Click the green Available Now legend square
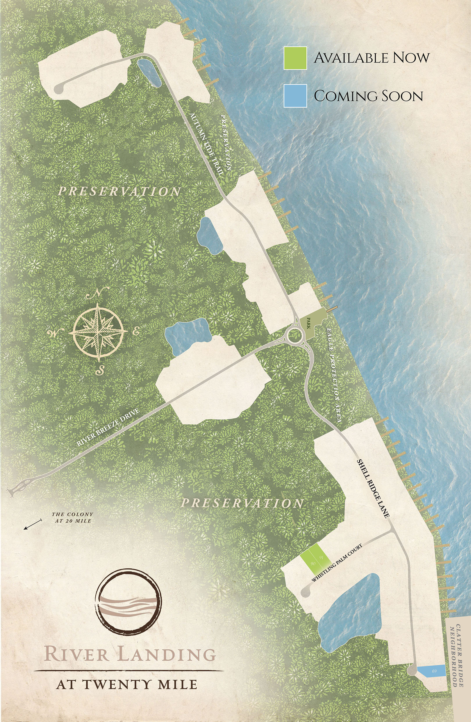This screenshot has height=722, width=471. point(295,58)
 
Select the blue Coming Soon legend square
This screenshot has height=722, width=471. point(295,96)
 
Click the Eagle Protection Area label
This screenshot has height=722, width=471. point(334,375)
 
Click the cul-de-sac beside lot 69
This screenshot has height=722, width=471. point(412,671)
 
